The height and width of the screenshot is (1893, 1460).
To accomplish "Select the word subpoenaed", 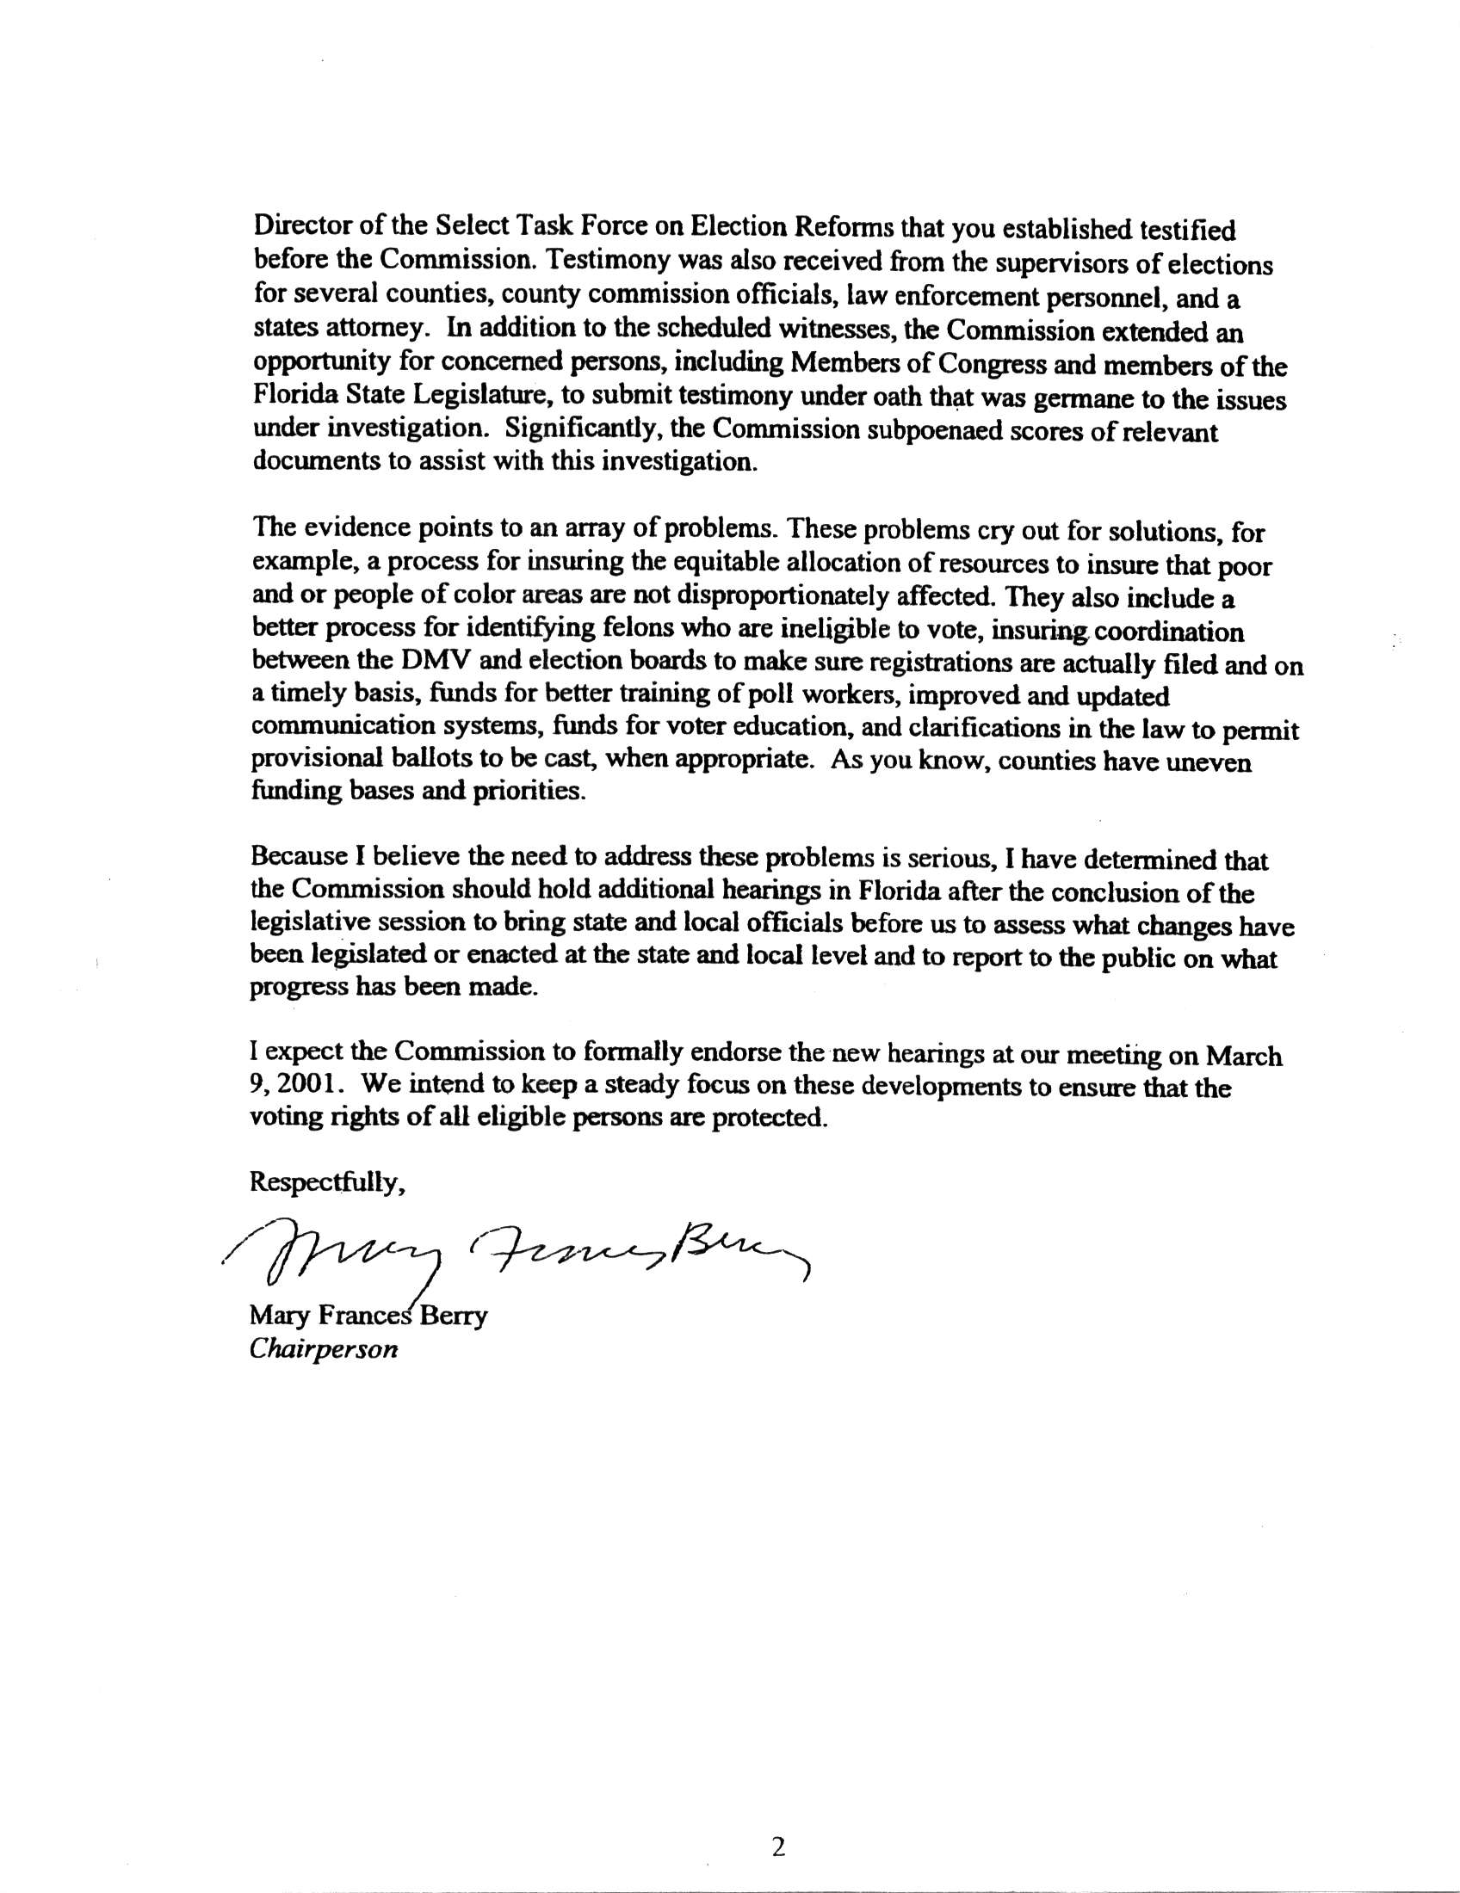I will coord(943,430).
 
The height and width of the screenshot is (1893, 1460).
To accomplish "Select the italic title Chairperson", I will coord(324,1350).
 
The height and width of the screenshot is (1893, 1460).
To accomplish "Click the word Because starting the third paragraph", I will coord(298,859).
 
